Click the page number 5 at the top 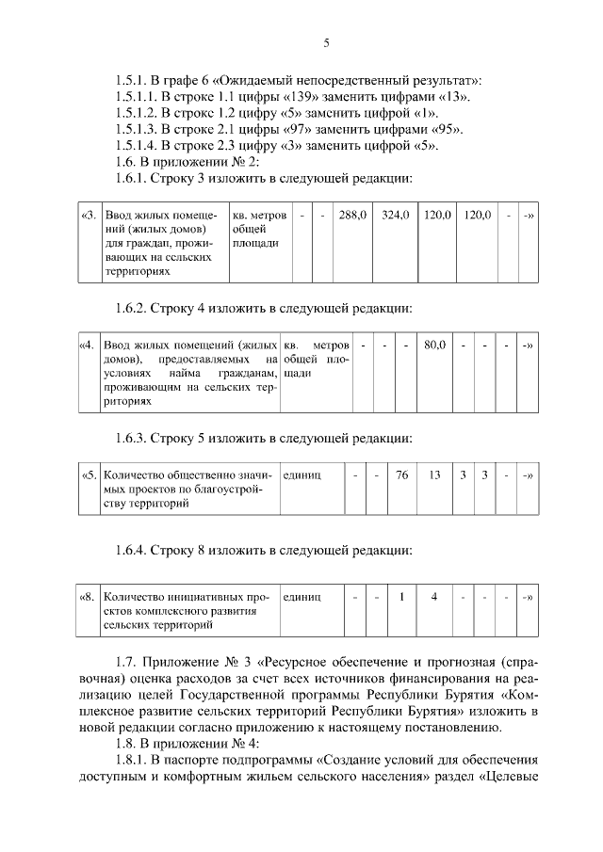point(325,42)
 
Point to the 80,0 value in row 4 point(434,346)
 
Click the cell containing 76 point(401,475)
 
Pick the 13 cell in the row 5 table point(434,475)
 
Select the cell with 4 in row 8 point(434,596)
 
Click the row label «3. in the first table point(89,216)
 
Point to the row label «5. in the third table point(89,475)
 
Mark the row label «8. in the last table point(89,596)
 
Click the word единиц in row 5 point(302,475)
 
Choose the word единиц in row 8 point(302,596)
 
